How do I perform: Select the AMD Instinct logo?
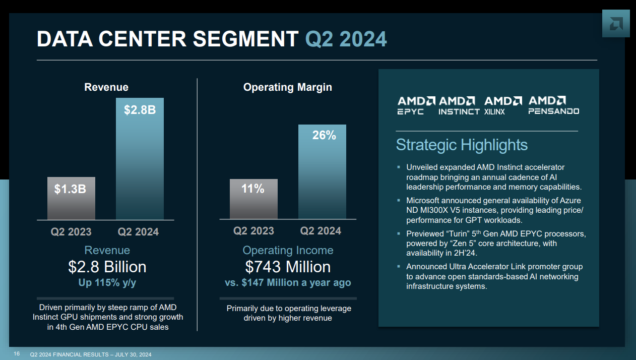point(459,105)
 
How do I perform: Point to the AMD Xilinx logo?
point(502,105)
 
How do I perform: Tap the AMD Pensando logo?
point(553,105)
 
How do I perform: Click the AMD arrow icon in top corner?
point(615,24)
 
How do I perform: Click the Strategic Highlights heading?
point(462,145)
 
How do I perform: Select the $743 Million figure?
point(288,267)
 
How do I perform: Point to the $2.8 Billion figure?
point(107,267)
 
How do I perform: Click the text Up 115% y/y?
point(107,283)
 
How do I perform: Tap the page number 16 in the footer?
point(17,354)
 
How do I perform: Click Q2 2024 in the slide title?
point(346,39)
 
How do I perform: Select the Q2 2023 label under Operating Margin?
point(253,231)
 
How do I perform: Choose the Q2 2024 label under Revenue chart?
point(138,232)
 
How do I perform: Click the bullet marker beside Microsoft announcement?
point(398,200)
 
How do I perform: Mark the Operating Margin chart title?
point(287,87)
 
